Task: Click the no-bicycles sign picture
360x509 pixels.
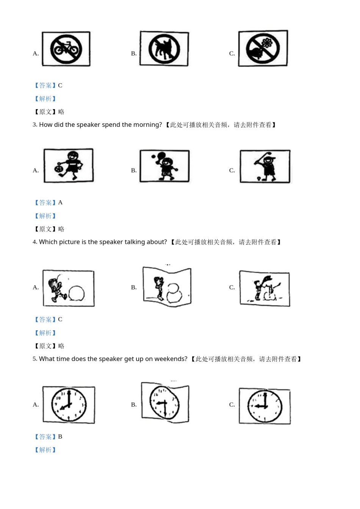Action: pos(66,49)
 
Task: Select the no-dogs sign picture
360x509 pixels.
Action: pos(164,49)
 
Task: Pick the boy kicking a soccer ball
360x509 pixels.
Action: pos(69,166)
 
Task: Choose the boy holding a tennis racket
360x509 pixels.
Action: pos(164,166)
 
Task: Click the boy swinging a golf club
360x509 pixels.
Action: pos(265,166)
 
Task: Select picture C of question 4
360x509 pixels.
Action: pos(265,288)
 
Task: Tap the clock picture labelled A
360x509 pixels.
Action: pos(69,404)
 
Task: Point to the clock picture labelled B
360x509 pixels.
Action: pos(165,402)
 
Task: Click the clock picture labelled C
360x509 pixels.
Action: pos(265,406)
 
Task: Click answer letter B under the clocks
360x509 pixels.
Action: pos(60,437)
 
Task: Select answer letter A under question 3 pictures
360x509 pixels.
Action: pos(60,203)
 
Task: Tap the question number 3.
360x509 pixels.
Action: pos(34,125)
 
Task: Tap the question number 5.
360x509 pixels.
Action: pos(34,359)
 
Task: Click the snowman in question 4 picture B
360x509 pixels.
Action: pos(175,293)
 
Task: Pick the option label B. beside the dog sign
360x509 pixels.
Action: pos(134,53)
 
